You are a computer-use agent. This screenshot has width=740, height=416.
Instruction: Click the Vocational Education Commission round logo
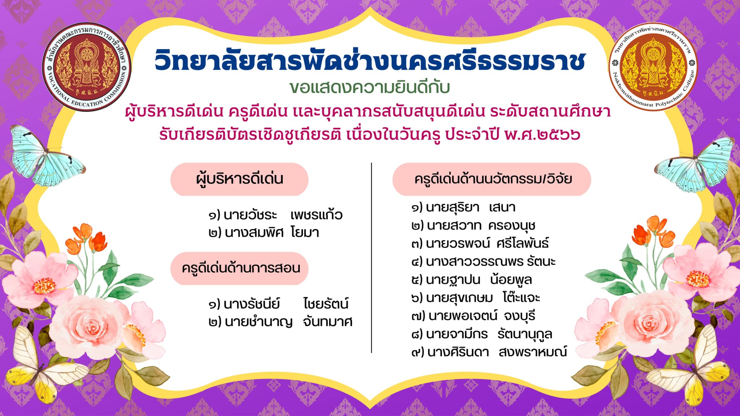pyautogui.click(x=86, y=67)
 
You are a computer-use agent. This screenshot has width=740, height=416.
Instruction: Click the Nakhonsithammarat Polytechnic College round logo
pyautogui.click(x=653, y=66)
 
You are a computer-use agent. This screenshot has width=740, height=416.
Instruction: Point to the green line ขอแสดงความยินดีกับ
pyautogui.click(x=370, y=88)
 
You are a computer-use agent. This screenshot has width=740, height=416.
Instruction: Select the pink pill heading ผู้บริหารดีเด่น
pyautogui.click(x=239, y=179)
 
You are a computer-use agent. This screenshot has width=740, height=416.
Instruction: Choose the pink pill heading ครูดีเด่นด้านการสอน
pyautogui.click(x=239, y=268)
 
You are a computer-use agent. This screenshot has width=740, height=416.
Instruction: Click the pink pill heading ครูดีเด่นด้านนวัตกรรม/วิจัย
pyautogui.click(x=492, y=179)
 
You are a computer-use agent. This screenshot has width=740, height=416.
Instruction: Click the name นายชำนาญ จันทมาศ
pyautogui.click(x=280, y=322)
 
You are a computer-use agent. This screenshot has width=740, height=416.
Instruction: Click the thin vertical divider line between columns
pyautogui.click(x=371, y=258)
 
